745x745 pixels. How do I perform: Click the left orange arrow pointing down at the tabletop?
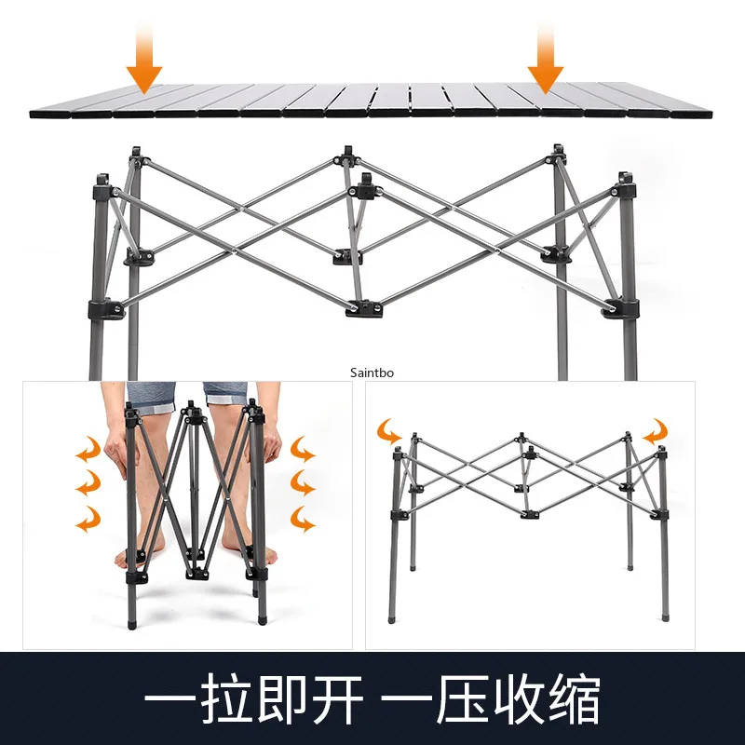coord(143,61)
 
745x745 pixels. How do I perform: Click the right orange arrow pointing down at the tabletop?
coord(545,61)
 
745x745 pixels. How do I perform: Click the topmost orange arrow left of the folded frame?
coord(88,451)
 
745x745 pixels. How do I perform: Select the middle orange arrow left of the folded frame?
coord(88,482)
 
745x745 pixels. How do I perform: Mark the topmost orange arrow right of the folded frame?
coord(303,451)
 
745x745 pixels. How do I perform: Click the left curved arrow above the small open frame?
coord(388,430)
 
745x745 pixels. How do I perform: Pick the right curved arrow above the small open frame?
coord(656,430)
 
